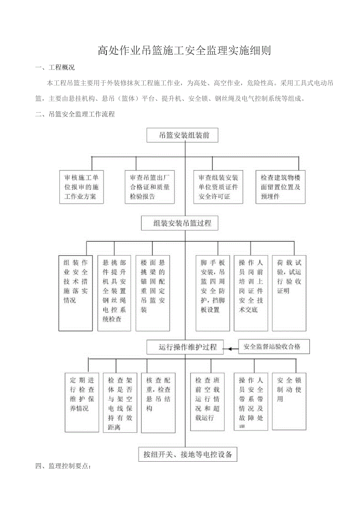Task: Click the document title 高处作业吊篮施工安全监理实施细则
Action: coord(184,51)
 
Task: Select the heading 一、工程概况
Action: coord(55,67)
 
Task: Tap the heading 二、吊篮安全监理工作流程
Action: coord(75,114)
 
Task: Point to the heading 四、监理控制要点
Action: coord(64,466)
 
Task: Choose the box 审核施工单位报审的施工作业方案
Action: coord(82,187)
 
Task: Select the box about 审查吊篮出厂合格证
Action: coord(150,187)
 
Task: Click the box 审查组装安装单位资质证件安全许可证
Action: coord(218,187)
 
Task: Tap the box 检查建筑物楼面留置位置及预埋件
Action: coord(281,187)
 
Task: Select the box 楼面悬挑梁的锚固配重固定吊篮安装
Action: coord(153,293)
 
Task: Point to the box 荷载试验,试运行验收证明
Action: coord(289,293)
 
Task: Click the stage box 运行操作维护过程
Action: coord(185,347)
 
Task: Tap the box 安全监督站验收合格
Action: coord(274,346)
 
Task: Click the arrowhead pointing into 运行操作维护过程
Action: coord(230,347)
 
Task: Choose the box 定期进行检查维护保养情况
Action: coord(82,402)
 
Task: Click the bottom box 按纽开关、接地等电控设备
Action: coord(188,454)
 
